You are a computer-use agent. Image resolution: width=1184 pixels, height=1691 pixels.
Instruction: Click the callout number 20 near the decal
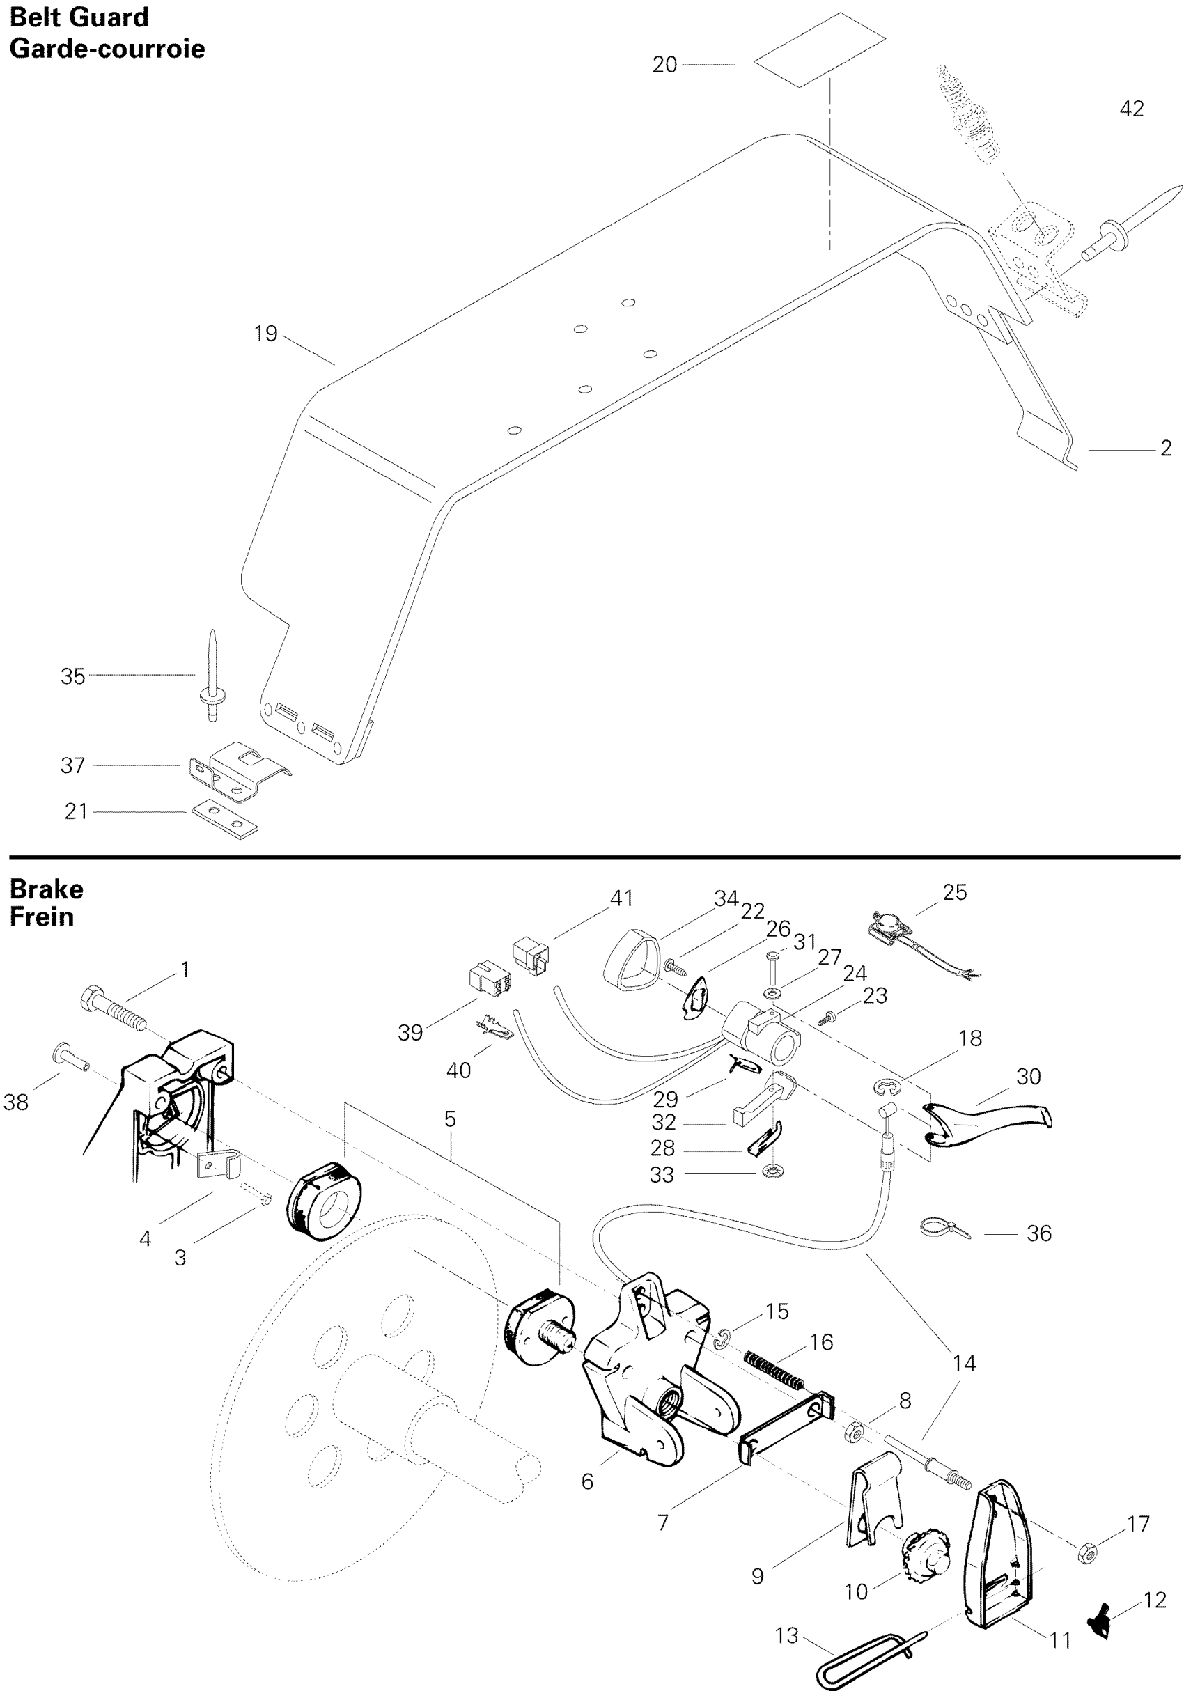(664, 65)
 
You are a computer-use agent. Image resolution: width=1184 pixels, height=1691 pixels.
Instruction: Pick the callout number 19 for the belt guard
(266, 334)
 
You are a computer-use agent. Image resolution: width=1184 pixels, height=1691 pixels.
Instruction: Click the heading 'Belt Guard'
(79, 17)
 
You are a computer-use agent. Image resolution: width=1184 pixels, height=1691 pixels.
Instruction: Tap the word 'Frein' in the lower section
(42, 917)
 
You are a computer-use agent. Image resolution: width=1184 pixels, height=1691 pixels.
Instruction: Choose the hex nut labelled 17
(1086, 1546)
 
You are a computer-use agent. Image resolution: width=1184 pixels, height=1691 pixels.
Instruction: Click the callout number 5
(450, 1119)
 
